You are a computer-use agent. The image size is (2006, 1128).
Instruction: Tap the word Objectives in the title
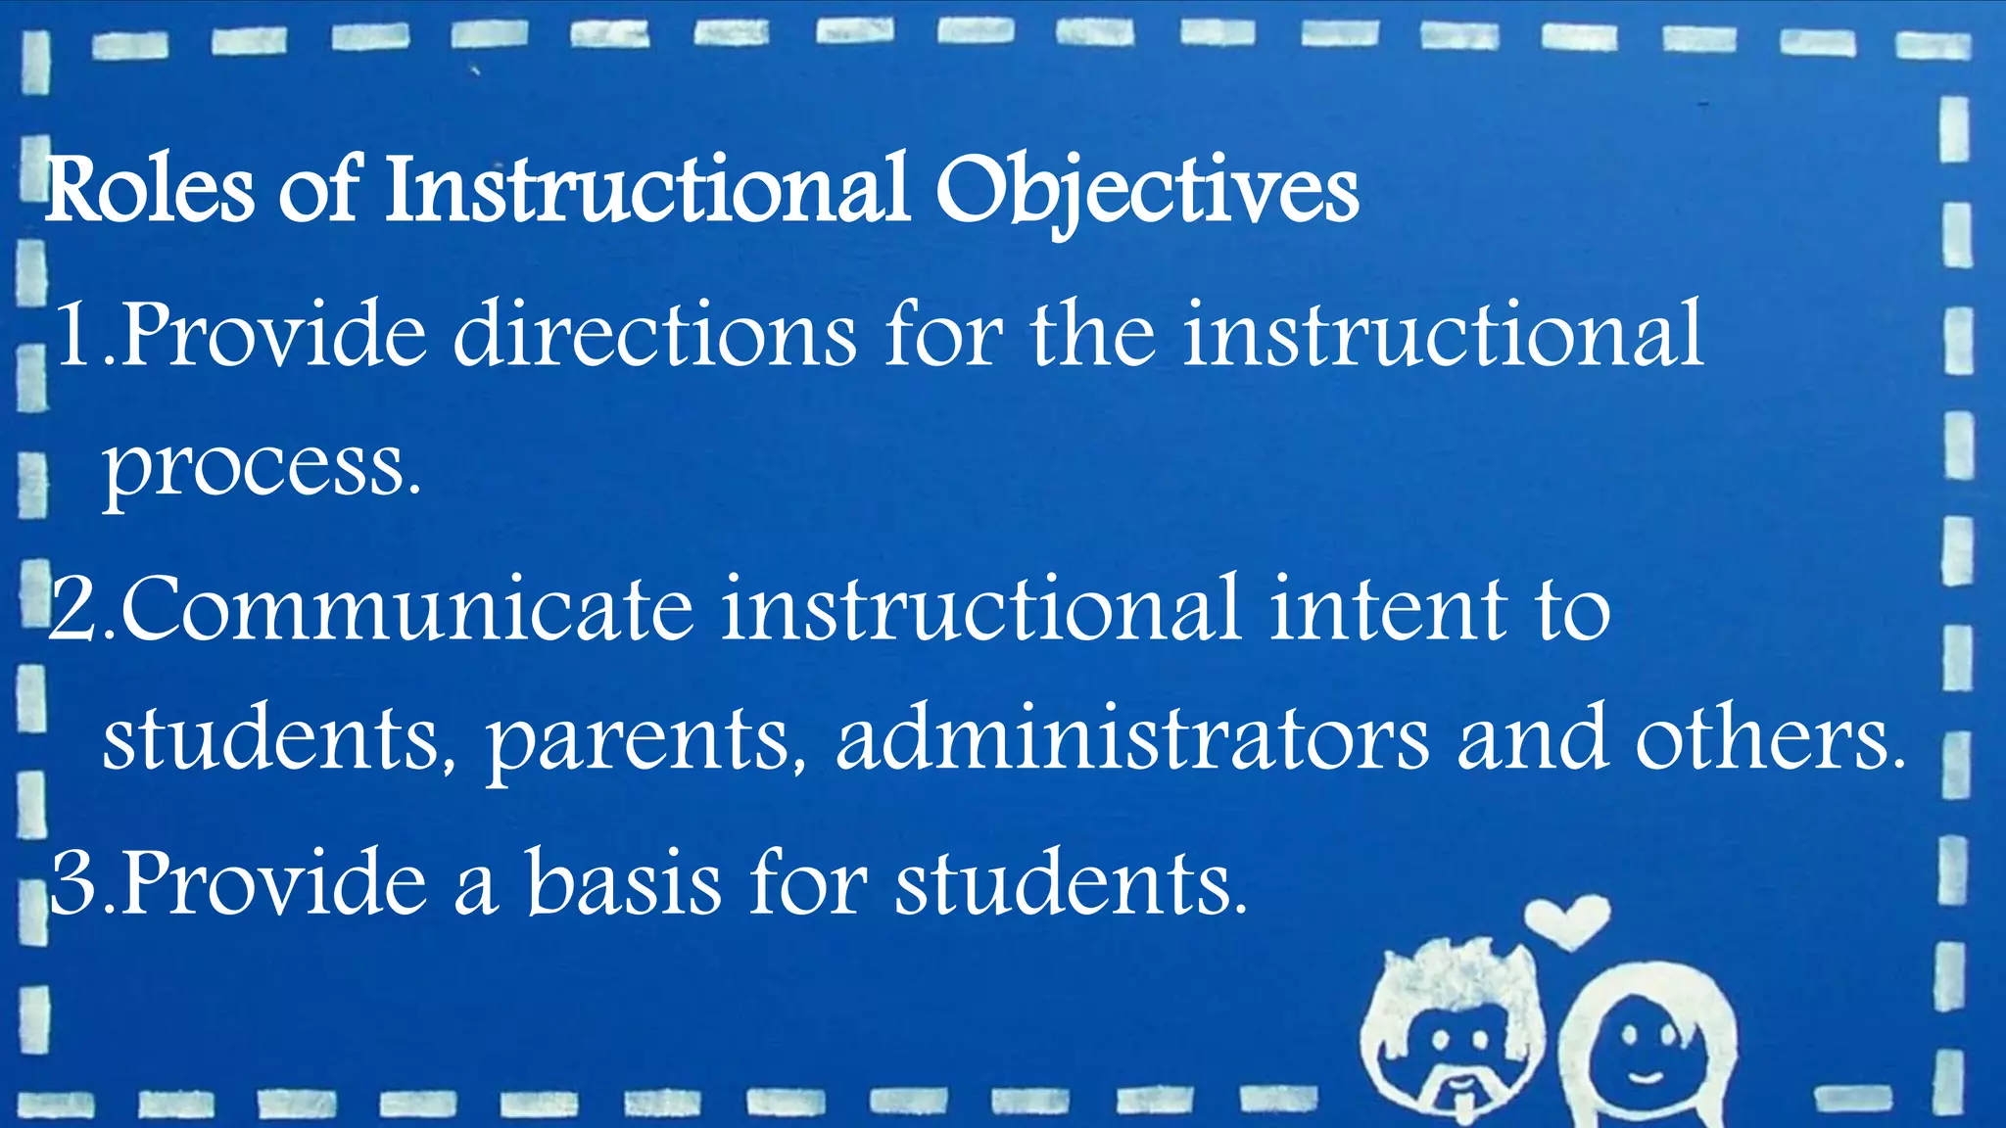(1146, 190)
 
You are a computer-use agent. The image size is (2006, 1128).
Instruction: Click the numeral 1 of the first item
(76, 336)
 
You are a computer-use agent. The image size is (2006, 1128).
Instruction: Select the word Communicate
(406, 609)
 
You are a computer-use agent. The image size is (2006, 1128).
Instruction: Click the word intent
(1387, 609)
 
